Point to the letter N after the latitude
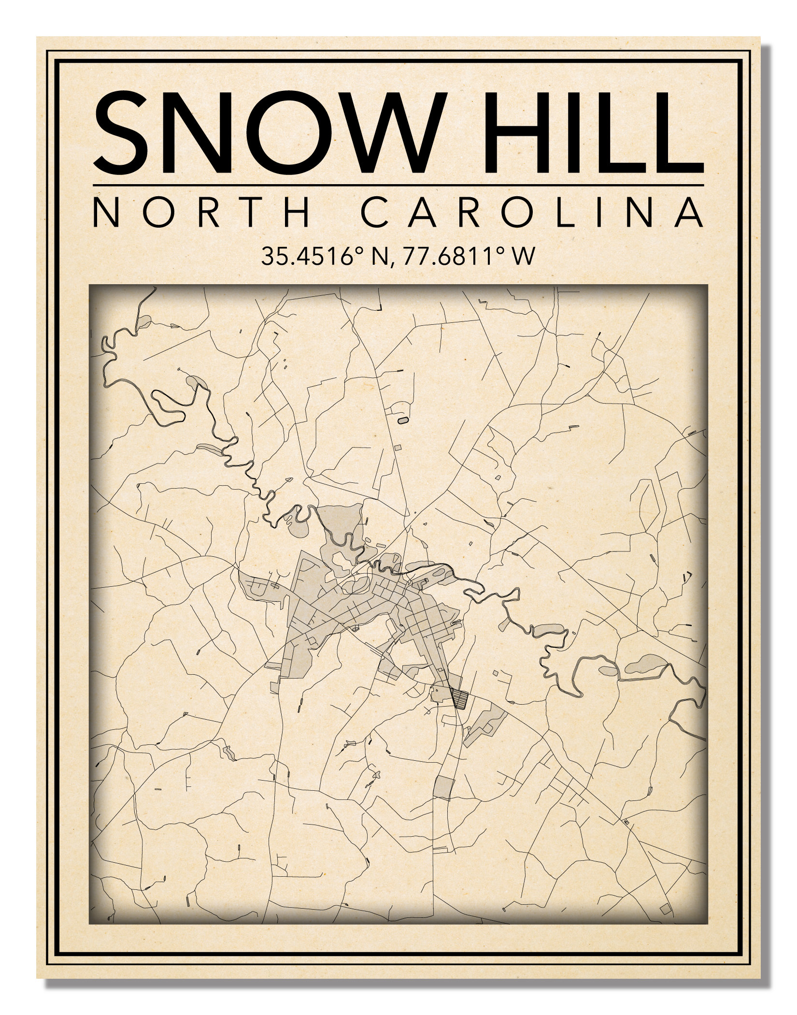point(378,256)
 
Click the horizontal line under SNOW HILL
point(398,185)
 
